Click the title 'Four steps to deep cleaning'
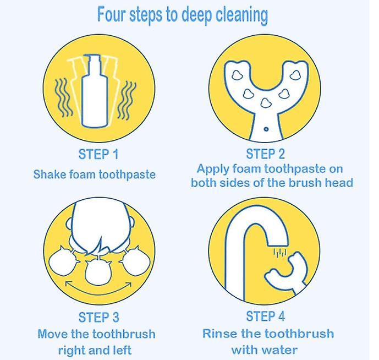[x=183, y=15]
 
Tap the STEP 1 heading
[x=98, y=154]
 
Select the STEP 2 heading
[x=265, y=154]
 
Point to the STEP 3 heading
[x=99, y=317]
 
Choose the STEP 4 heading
[x=265, y=316]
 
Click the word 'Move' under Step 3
[x=52, y=334]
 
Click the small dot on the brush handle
[x=266, y=129]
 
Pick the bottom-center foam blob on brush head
[x=266, y=103]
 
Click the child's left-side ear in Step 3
[x=69, y=223]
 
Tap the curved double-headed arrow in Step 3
[x=98, y=290]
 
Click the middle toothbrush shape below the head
[x=98, y=271]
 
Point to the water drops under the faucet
[x=280, y=252]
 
